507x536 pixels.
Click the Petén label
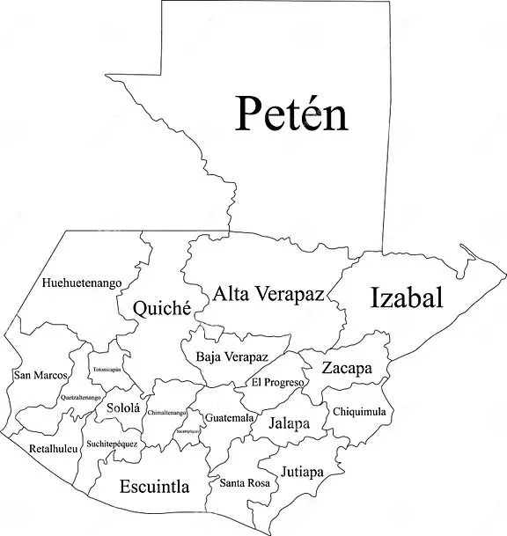[291, 115]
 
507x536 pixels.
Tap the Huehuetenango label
[81, 283]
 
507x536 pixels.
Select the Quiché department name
[162, 308]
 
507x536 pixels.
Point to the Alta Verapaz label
[268, 294]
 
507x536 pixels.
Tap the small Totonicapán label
[106, 370]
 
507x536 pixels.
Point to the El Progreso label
[277, 383]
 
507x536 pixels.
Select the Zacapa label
[347, 368]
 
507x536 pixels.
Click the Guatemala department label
[231, 417]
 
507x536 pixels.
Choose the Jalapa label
[290, 423]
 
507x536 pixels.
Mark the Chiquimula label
[359, 411]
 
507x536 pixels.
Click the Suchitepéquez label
[112, 444]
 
